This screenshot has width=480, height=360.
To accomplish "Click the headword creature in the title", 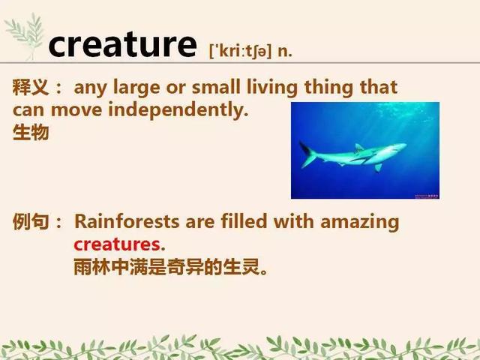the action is coord(122,45).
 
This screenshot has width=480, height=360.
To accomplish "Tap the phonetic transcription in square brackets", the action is coord(240,51).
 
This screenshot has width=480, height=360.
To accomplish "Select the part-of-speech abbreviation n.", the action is coord(285,52).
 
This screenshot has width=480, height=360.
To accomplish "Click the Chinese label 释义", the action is coord(31,87).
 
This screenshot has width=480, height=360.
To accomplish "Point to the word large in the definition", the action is coord(136,88).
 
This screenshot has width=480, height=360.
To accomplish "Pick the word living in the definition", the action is coord(272,88).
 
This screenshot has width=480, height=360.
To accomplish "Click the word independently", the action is coord(178,110).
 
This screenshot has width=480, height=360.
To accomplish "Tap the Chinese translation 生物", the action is coord(31,133).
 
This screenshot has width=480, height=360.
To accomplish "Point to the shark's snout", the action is coord(403,146).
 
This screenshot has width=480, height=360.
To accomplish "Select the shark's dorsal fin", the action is coord(358,148).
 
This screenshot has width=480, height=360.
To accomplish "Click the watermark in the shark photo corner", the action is coord(427,196).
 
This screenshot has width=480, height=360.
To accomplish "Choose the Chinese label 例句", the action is coord(31,221).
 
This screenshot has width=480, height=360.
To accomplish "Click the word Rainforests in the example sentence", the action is coord(127,221).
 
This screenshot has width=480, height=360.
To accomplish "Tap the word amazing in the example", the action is coord(360,222).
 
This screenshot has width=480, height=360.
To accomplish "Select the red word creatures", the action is coord(117,244).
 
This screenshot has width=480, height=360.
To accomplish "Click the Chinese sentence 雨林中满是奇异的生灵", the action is coord(170,267).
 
